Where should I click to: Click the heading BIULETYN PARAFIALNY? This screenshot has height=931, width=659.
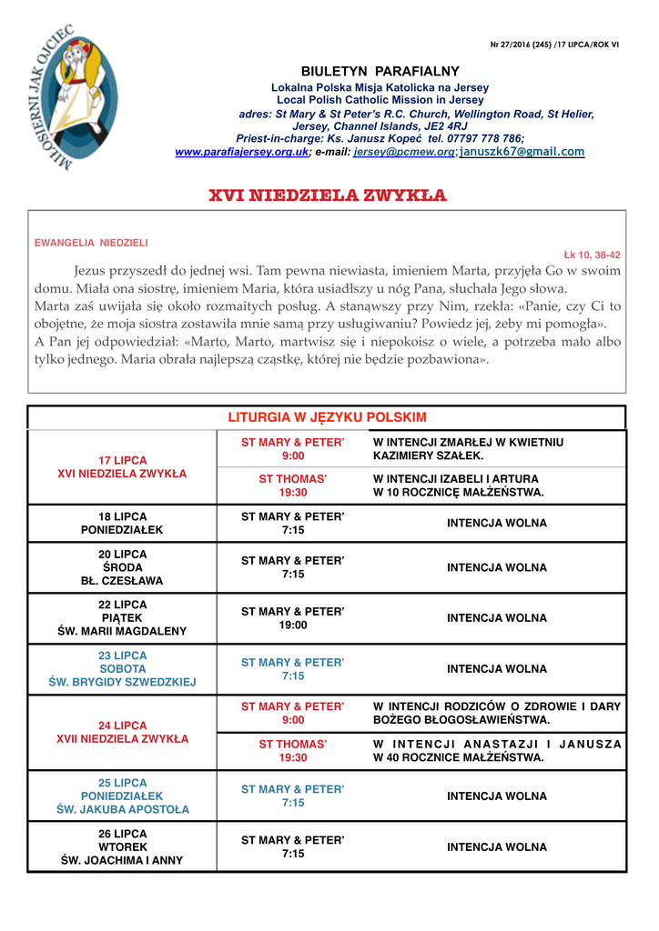[380, 72]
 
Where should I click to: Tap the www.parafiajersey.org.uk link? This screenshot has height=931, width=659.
[241, 152]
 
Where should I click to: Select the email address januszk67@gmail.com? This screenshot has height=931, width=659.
[522, 152]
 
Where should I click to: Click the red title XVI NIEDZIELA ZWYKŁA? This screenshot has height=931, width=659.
[328, 195]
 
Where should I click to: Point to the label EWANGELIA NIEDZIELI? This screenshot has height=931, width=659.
[91, 243]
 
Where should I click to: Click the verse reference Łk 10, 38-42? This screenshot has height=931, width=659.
[592, 255]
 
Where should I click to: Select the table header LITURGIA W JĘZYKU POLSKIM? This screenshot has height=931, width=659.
[327, 417]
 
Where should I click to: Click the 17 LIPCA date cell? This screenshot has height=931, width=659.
[122, 467]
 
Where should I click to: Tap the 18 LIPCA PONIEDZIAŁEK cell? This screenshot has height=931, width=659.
[122, 523]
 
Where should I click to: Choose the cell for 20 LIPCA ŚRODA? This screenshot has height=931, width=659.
[122, 567]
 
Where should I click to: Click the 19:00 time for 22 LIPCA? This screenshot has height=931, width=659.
[293, 626]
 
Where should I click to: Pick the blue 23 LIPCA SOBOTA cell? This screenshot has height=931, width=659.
[122, 669]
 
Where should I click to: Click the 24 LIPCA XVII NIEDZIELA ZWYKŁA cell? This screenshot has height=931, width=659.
[122, 733]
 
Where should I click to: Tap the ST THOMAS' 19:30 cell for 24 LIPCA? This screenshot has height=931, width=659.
[293, 751]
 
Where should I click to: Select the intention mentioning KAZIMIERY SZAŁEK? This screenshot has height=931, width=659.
[468, 449]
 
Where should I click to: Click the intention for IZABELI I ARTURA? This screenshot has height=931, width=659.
[458, 486]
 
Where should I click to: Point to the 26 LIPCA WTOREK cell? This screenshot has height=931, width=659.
[122, 847]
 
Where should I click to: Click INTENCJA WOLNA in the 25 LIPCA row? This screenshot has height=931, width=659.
[496, 796]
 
